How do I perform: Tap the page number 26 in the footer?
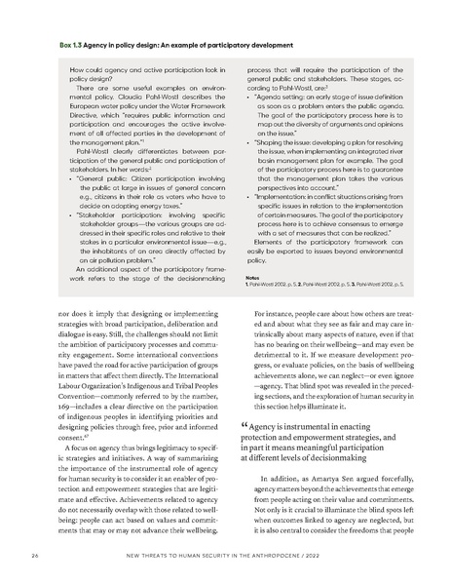pos(36,558)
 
